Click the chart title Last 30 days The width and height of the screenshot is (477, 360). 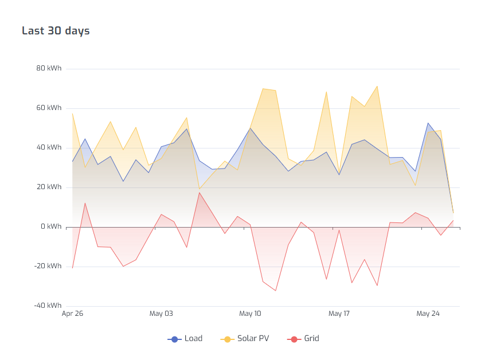pyautogui.click(x=56, y=31)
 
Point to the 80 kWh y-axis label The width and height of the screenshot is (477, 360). pyautogui.click(x=49, y=68)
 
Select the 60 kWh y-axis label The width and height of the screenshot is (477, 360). pyautogui.click(x=49, y=108)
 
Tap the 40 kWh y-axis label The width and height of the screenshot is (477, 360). pyautogui.click(x=49, y=147)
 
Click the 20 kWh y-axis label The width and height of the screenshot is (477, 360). pyautogui.click(x=49, y=187)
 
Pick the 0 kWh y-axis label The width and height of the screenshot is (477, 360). pyautogui.click(x=50, y=226)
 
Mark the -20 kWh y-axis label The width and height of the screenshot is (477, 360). pyautogui.click(x=48, y=266)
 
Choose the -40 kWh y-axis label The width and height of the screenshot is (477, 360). pyautogui.click(x=48, y=306)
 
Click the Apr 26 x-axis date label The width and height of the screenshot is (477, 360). pyautogui.click(x=72, y=314)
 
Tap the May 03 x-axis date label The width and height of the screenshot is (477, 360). pyautogui.click(x=161, y=314)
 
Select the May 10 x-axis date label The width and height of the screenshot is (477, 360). pyautogui.click(x=250, y=314)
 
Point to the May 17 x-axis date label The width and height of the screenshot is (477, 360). pyautogui.click(x=339, y=314)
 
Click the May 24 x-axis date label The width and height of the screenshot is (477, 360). pyautogui.click(x=428, y=314)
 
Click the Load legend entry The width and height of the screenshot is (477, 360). pyautogui.click(x=193, y=339)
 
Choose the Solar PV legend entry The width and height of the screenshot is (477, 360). pyautogui.click(x=253, y=339)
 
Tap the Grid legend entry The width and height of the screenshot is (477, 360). pyautogui.click(x=311, y=339)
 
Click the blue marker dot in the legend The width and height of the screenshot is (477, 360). pyautogui.click(x=175, y=339)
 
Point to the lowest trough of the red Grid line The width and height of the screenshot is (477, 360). pyautogui.click(x=276, y=291)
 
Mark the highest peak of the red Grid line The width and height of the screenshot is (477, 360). pyautogui.click(x=200, y=193)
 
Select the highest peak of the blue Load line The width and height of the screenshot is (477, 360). pyautogui.click(x=428, y=123)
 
